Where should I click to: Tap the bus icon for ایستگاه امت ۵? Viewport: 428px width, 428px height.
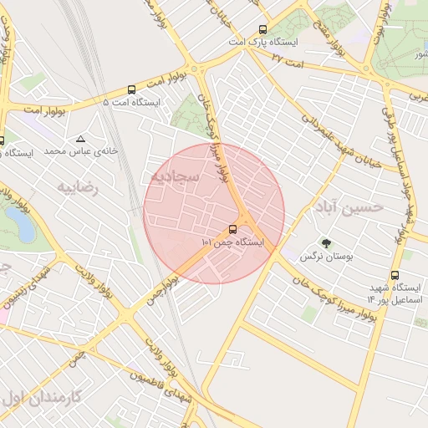pyautogui.click(x=131, y=89)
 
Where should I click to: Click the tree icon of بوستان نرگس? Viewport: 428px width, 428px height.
pyautogui.click(x=325, y=245)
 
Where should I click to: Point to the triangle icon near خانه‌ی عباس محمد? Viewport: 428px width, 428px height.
pyautogui.click(x=80, y=139)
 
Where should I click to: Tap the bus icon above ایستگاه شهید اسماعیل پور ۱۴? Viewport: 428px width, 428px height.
pyautogui.click(x=395, y=275)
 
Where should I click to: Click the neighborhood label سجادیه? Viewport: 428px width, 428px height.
pyautogui.click(x=176, y=178)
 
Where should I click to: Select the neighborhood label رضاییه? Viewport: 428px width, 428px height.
pyautogui.click(x=77, y=188)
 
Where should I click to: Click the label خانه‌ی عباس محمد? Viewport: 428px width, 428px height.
pyautogui.click(x=66, y=152)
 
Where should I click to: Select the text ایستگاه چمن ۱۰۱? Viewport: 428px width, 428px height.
pyautogui.click(x=232, y=242)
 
